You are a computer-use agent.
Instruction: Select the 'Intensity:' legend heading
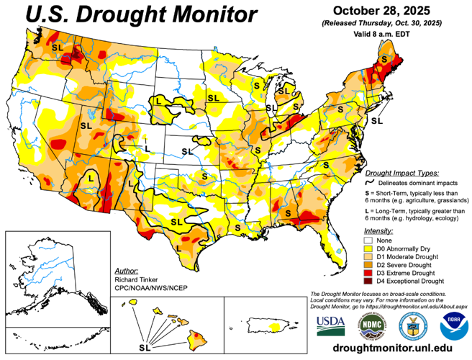click(379, 230)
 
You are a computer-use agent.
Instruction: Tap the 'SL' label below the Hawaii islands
click(146, 347)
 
